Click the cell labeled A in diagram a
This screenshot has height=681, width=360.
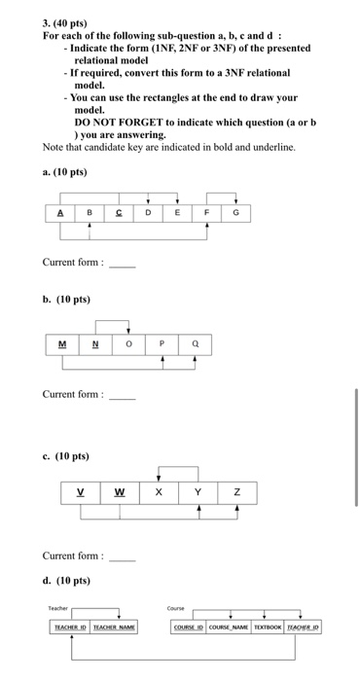point(60,212)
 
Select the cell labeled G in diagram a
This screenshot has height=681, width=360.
point(234,212)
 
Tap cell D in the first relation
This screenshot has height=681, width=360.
point(148,212)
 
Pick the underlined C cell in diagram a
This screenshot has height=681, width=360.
point(119,212)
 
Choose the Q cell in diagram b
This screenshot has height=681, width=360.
point(195,342)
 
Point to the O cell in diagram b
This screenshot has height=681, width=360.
point(128,342)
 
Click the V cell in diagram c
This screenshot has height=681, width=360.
point(80,491)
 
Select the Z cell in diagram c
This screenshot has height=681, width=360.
point(237,491)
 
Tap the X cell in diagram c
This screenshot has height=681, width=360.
point(159,491)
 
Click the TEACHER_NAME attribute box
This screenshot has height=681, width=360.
point(113,628)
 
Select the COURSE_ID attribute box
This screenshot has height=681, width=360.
point(188,628)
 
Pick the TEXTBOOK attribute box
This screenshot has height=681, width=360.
point(268,628)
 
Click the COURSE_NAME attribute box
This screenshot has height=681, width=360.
point(228,628)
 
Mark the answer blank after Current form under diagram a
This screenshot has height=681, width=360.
point(122,264)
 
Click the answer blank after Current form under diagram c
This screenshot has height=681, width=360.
point(122,557)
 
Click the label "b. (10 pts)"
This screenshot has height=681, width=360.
point(66,299)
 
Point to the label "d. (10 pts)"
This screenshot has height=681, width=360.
point(66,581)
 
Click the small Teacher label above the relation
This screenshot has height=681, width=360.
point(57,608)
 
